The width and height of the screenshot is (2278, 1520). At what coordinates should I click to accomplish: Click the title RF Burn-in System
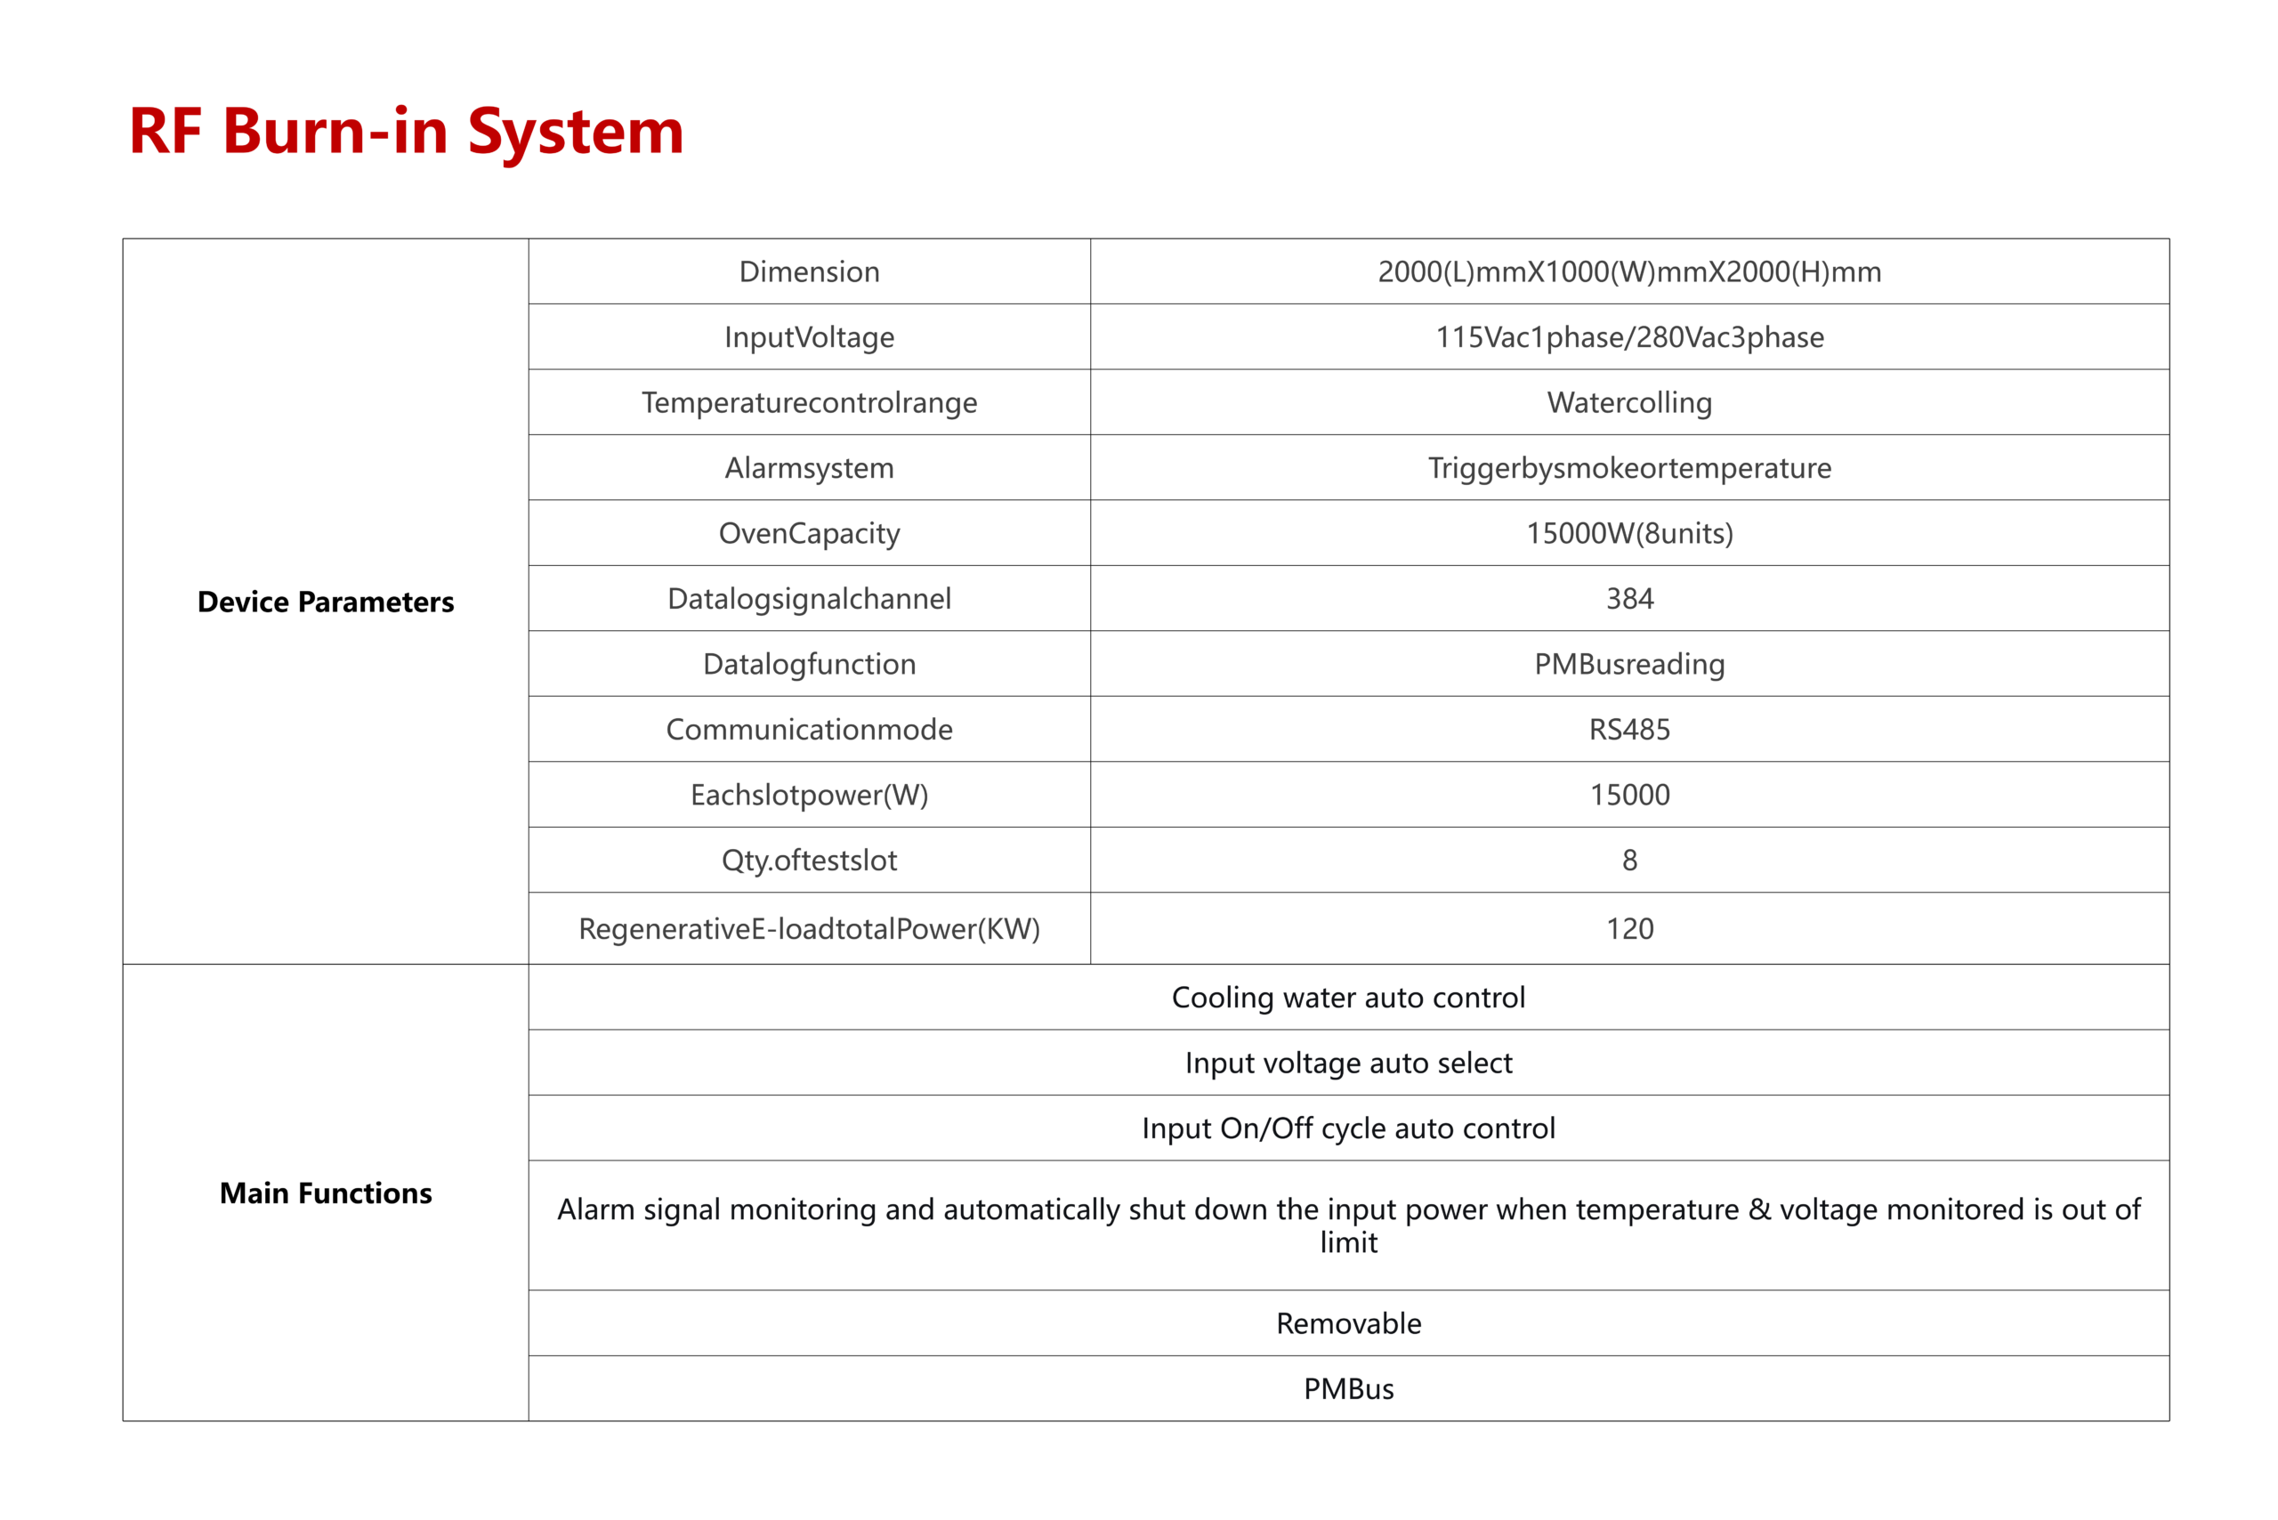(406, 131)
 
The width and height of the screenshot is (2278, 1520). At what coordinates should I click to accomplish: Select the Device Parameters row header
(326, 602)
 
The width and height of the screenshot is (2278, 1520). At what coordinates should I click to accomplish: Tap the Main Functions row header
(326, 1193)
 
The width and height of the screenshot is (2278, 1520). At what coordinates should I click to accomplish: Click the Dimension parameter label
(810, 271)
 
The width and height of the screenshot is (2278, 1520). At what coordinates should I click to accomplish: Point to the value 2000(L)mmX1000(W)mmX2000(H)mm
(1629, 271)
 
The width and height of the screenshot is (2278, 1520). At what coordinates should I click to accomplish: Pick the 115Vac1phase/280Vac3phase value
(1629, 336)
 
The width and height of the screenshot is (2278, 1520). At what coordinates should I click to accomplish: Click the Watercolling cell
(1629, 402)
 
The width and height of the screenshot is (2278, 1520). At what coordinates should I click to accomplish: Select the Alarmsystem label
(810, 467)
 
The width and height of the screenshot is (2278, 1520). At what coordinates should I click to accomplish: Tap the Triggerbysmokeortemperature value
(1629, 467)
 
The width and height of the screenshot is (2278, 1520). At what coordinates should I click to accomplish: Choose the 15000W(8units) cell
(1629, 533)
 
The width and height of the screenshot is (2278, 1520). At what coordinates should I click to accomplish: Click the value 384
(1629, 598)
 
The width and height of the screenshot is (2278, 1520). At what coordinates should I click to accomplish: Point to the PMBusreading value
(1629, 664)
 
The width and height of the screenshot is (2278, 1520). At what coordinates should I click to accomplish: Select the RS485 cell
(1629, 729)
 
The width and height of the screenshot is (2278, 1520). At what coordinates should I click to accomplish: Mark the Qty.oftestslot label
(810, 860)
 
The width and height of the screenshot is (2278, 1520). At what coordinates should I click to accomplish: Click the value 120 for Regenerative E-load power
(1629, 929)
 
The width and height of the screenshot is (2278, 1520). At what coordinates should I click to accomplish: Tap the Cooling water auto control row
(1348, 998)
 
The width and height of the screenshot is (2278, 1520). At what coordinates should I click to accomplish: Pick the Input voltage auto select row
(1348, 1063)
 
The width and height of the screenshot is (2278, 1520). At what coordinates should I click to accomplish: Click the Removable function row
(1348, 1323)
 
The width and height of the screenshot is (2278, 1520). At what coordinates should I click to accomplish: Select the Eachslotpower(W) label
(810, 795)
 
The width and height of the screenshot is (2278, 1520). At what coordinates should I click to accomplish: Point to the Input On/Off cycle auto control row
(1348, 1128)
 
